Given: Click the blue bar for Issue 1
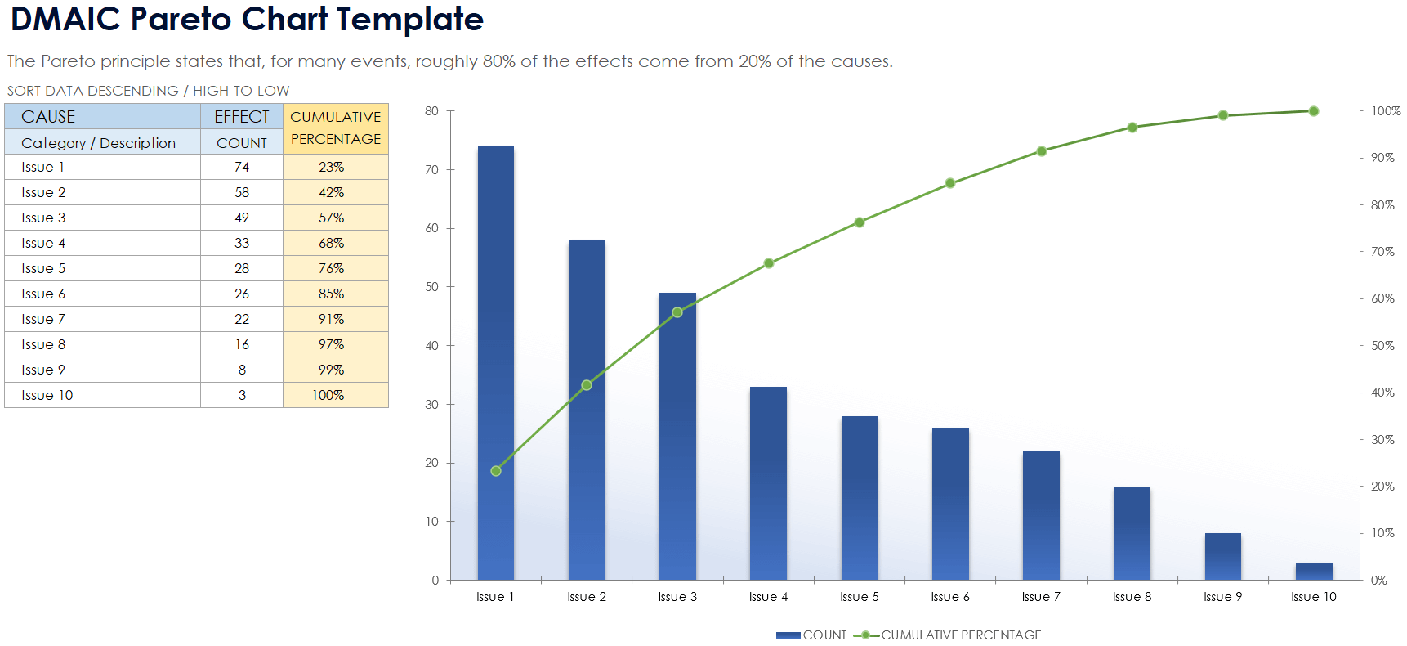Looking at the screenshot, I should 496,363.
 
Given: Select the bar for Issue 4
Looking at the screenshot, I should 768,482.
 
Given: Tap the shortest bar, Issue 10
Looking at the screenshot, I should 1314,571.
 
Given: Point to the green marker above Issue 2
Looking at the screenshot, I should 587,385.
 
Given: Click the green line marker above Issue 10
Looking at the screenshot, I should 1314,111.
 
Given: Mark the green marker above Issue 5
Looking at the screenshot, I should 860,222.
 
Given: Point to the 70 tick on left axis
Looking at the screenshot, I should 432,170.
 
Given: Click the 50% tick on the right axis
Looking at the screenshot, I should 1382,346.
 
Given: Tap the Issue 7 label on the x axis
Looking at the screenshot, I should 1041,597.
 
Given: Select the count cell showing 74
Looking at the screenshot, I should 242,167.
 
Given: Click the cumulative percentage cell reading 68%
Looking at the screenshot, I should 332,243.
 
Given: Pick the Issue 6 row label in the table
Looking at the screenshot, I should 43,294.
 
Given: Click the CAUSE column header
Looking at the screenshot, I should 48,117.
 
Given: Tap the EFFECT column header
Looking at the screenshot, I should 242,117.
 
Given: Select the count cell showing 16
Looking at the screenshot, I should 242,344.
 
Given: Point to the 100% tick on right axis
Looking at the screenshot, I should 1385,111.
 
